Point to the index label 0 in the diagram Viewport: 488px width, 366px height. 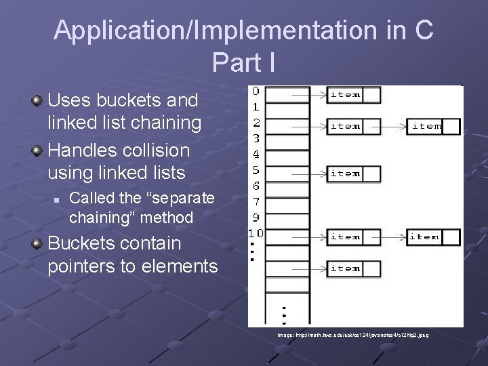256,91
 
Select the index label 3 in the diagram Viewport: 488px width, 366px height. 256,138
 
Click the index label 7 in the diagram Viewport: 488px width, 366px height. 256,202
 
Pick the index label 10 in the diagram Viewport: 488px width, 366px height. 255,234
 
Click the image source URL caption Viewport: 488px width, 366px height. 352,335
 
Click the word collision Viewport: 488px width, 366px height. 150,150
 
